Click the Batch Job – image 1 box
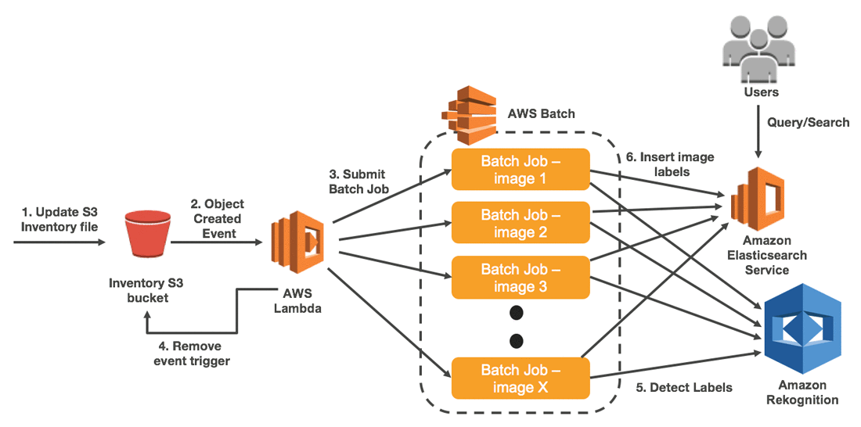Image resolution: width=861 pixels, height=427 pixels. (520, 169)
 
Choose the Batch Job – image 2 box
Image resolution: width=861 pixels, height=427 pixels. (520, 223)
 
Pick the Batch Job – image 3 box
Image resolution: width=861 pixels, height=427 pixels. (520, 278)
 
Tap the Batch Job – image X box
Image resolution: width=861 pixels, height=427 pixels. (520, 377)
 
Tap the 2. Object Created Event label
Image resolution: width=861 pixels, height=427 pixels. (217, 218)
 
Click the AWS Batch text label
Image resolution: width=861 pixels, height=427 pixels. (541, 113)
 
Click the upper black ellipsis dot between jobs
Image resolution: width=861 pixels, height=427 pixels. (515, 314)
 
